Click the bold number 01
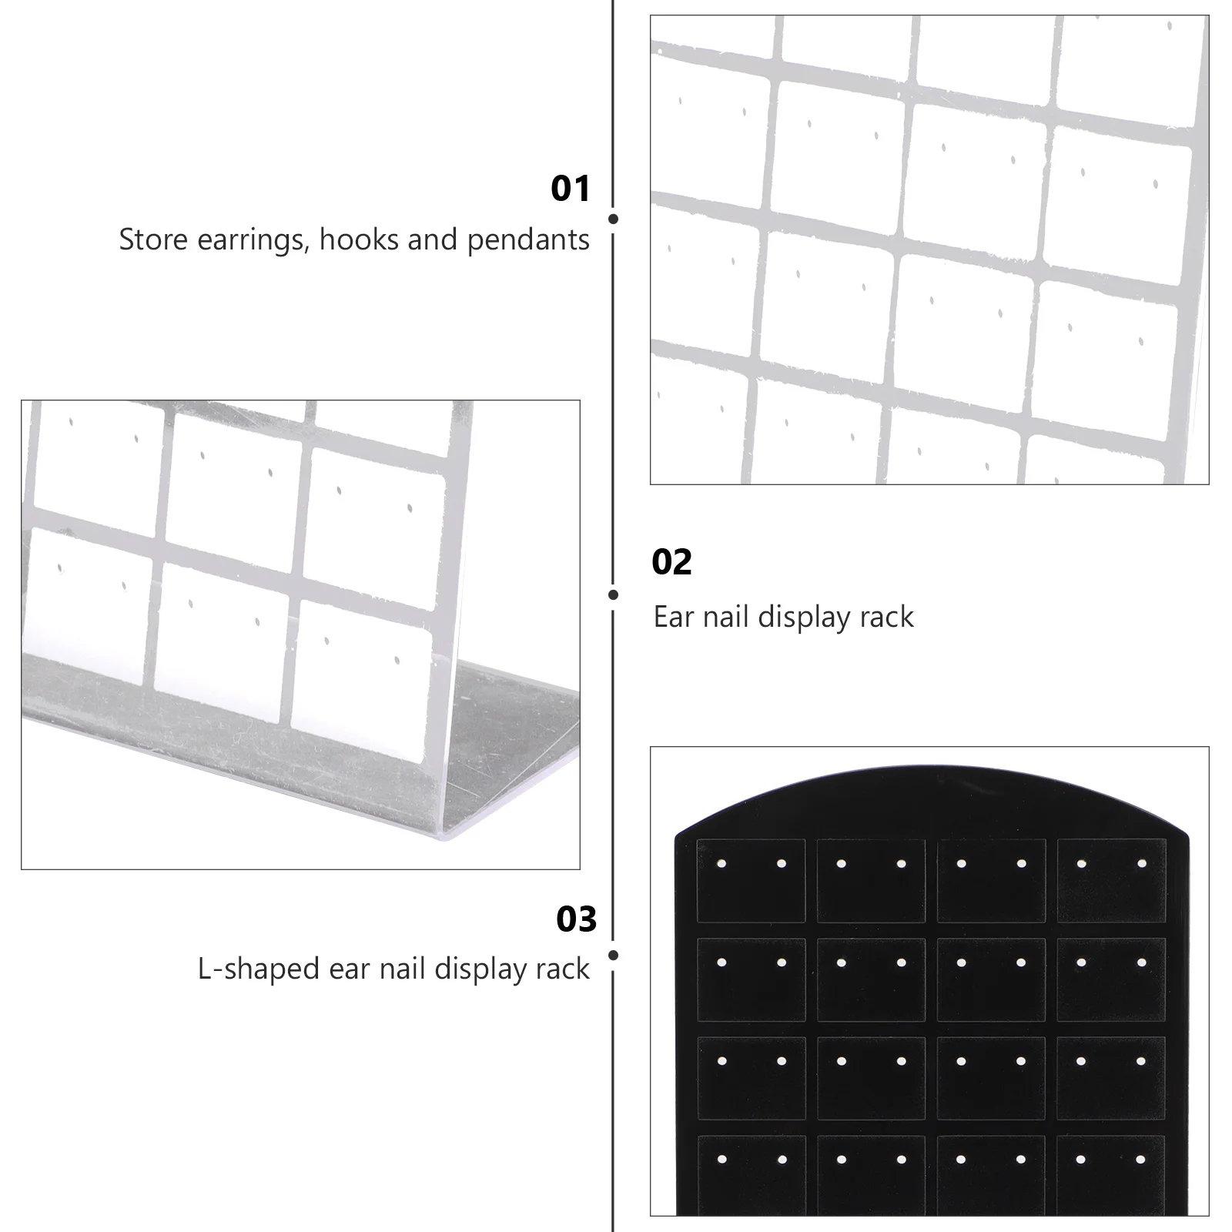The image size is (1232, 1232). (x=570, y=189)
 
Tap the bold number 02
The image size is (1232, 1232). (x=671, y=562)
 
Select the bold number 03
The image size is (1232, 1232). (x=576, y=919)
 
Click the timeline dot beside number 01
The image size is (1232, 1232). (x=613, y=219)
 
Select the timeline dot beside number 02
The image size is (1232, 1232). (x=613, y=594)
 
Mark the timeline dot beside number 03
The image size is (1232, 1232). (x=613, y=956)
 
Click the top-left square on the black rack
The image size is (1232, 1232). (x=751, y=880)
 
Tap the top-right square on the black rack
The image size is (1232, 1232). (x=1111, y=880)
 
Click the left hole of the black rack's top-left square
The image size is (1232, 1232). (x=721, y=864)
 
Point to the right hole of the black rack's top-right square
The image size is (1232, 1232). (x=1141, y=864)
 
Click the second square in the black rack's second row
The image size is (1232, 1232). (x=871, y=979)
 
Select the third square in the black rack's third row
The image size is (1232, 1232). (x=991, y=1077)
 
